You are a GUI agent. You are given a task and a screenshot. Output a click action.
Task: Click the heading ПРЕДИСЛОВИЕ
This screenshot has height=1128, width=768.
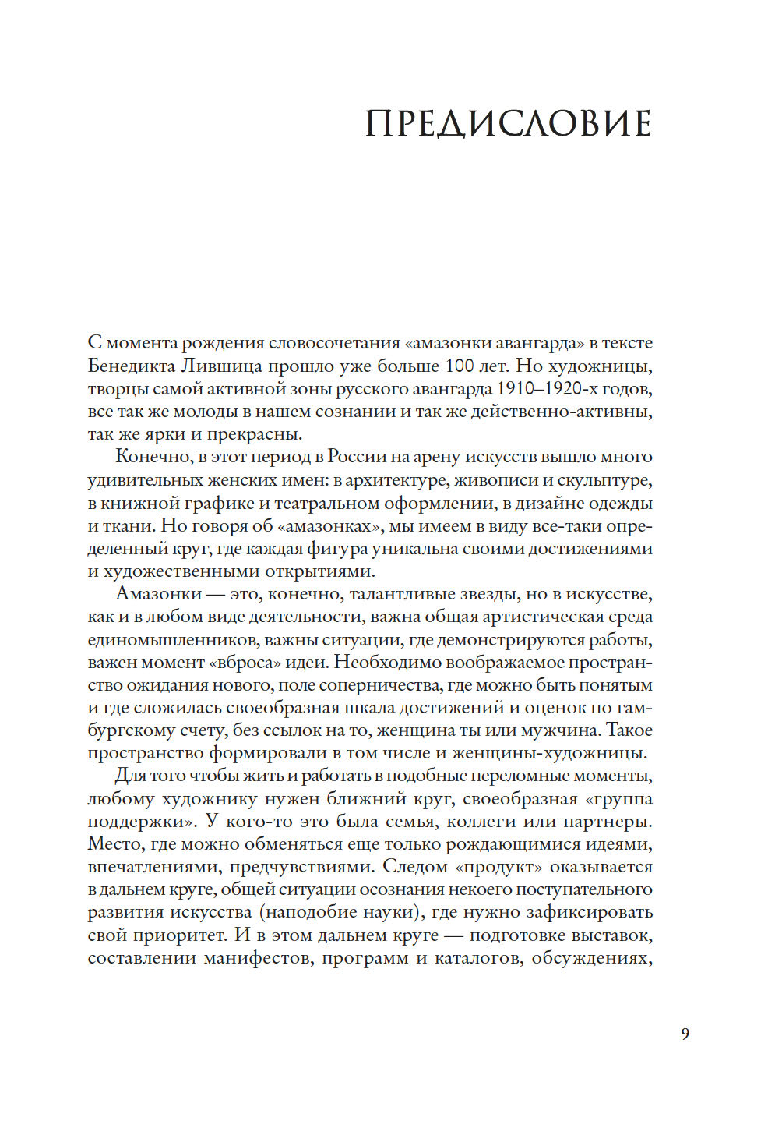point(508,125)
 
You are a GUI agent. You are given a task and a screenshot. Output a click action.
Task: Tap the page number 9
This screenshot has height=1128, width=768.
point(685,1034)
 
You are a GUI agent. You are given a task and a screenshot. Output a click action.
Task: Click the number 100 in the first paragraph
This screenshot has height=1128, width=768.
point(461,366)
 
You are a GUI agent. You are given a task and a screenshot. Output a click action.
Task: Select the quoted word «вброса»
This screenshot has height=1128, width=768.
point(245,663)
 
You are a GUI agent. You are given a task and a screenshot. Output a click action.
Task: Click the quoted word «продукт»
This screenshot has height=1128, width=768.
point(498,867)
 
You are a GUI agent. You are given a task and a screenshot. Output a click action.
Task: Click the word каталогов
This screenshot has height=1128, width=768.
point(477,958)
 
